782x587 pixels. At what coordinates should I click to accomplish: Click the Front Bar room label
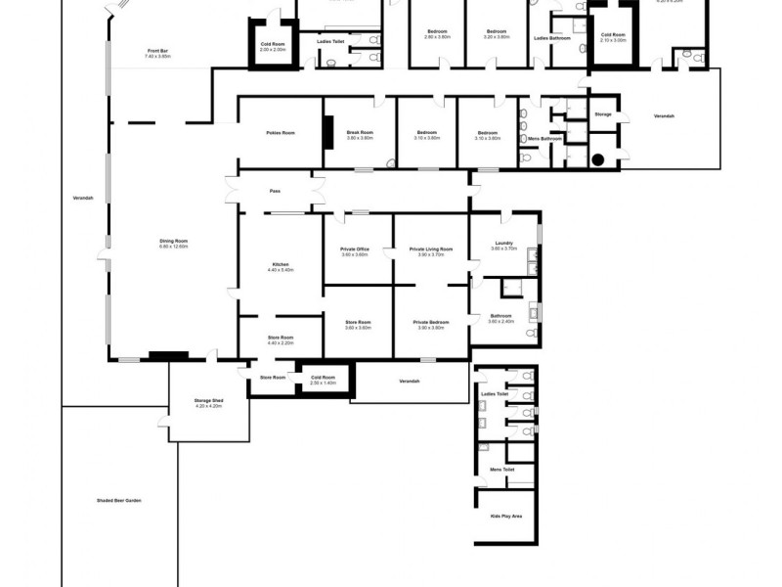point(158,51)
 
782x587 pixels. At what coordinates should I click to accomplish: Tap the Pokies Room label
point(281,133)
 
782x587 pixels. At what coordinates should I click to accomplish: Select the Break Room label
point(360,133)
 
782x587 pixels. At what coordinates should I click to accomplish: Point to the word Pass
point(276,191)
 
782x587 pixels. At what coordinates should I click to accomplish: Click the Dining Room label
point(173,241)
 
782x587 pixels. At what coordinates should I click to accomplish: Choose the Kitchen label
point(281,265)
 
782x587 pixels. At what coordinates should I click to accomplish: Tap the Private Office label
point(354,249)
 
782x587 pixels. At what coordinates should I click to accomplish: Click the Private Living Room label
point(431,249)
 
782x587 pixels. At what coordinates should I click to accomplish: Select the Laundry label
point(504,244)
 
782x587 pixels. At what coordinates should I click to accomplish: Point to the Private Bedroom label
point(431,323)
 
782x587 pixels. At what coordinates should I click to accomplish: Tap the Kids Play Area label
point(504,516)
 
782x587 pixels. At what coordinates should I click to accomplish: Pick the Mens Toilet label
point(502,469)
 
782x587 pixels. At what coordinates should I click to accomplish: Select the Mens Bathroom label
point(544,139)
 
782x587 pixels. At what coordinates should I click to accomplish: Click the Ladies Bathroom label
point(552,38)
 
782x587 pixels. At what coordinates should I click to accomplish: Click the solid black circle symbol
point(596,159)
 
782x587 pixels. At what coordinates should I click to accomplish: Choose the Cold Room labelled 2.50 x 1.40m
point(323,379)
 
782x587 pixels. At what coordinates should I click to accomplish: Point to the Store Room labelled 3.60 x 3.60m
point(359,323)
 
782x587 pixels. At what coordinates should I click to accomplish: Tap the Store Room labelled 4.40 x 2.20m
point(281,339)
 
